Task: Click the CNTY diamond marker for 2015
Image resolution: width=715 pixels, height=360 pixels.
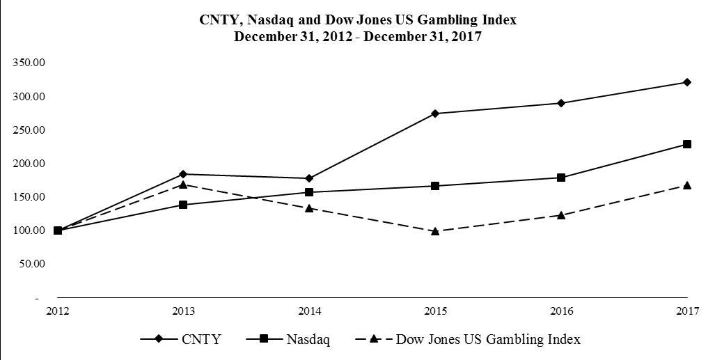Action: click(x=435, y=114)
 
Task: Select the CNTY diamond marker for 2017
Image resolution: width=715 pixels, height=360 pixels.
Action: click(x=687, y=82)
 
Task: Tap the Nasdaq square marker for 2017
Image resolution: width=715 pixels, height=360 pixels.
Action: click(x=687, y=144)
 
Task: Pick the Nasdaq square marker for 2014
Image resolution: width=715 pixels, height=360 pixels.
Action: click(x=309, y=192)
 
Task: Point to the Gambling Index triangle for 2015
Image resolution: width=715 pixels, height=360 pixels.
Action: click(x=435, y=230)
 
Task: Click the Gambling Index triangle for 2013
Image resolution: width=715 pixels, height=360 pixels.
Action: click(x=183, y=185)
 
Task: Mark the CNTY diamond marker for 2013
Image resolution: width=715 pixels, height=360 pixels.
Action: click(x=183, y=174)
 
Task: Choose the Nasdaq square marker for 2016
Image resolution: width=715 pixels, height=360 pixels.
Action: click(x=561, y=178)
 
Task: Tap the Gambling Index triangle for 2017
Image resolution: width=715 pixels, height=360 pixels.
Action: click(x=687, y=185)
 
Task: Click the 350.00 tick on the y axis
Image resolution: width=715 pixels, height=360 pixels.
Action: click(x=29, y=63)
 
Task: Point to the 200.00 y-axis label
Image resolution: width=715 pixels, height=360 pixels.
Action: click(x=29, y=164)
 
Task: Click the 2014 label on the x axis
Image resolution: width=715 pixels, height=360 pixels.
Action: click(x=309, y=311)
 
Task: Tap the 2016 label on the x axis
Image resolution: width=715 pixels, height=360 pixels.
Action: click(x=561, y=311)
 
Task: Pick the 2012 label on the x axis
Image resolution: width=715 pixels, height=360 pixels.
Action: click(x=57, y=311)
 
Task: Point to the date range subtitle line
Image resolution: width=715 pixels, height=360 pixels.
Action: click(x=358, y=37)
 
